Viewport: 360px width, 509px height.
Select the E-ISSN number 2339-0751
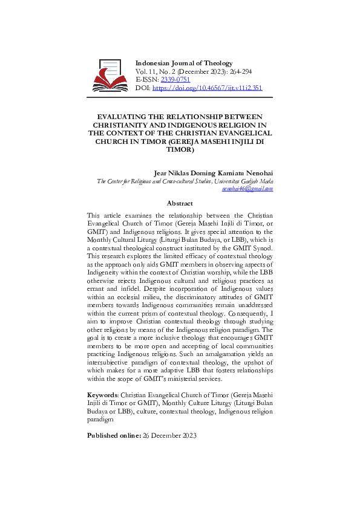pos(175,79)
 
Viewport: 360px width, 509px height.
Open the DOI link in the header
pos(207,88)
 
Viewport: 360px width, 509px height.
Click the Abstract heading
pos(180,204)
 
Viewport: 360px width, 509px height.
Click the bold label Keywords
pos(103,394)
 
